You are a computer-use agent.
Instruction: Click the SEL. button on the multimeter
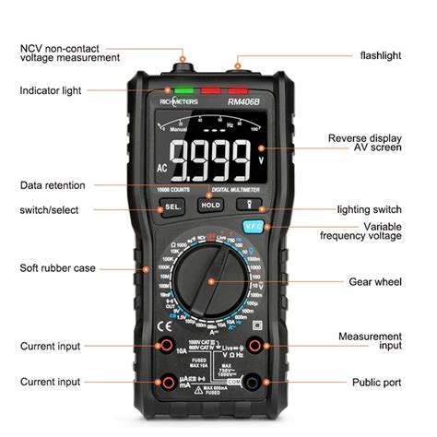[x=172, y=206]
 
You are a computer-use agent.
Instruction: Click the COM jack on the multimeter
[x=267, y=382]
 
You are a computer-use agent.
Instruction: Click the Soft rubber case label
[x=56, y=268]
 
